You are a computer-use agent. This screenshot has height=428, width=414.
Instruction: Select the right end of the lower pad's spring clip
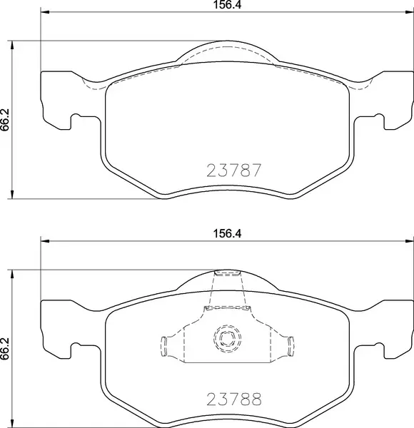[x=291, y=346]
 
